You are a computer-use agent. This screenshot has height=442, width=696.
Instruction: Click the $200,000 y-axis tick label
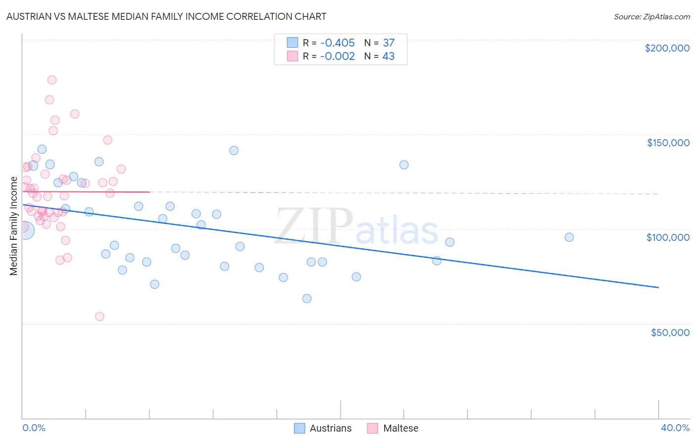pos(667,48)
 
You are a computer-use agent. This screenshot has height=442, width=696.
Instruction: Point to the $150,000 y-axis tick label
pos(668,143)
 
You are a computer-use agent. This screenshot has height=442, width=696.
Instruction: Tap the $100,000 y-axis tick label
pos(668,237)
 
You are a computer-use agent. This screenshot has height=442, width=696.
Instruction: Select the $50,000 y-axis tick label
pos(670,332)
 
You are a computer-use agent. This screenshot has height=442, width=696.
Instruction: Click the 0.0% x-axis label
pos(34,428)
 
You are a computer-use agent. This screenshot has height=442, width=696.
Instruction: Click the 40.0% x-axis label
pos(675,428)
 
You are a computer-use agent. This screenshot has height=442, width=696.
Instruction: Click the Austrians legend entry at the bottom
pos(330,428)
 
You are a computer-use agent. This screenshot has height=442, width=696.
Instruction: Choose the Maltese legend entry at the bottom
pos(400,428)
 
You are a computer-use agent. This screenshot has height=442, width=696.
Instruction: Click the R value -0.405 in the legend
pos(337,43)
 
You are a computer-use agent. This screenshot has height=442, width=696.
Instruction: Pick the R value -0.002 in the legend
pos(337,56)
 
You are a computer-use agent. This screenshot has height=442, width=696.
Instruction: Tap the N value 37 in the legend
pos(389,43)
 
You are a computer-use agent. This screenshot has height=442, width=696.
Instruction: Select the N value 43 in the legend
pos(389,56)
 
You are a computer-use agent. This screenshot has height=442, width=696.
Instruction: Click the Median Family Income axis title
pos(14,226)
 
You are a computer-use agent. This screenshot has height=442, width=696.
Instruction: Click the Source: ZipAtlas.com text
pos(651,17)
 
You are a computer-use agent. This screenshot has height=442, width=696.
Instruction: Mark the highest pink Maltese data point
pos(52,80)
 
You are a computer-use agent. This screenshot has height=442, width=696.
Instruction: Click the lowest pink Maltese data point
pos(99,317)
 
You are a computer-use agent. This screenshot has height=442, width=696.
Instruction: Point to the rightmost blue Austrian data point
pos(569,237)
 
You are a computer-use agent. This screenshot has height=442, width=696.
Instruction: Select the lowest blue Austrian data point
pos(307,298)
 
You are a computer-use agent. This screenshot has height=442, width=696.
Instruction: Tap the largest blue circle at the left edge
pos(24,230)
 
